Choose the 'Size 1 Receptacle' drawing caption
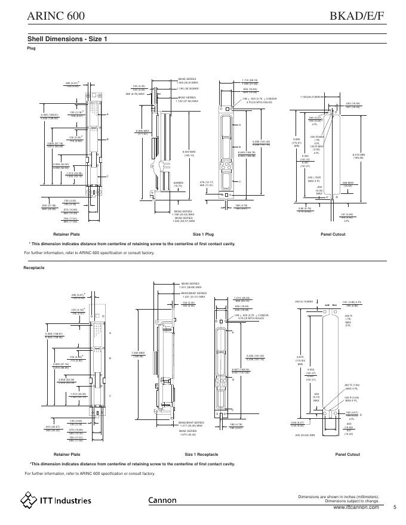click(x=201, y=455)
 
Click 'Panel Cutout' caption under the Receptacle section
click(x=347, y=455)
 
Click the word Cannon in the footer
click(x=162, y=501)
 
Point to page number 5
click(x=395, y=507)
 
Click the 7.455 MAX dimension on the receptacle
click(x=138, y=354)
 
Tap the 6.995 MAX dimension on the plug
click(x=142, y=132)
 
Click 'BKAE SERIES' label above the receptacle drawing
click(x=189, y=283)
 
